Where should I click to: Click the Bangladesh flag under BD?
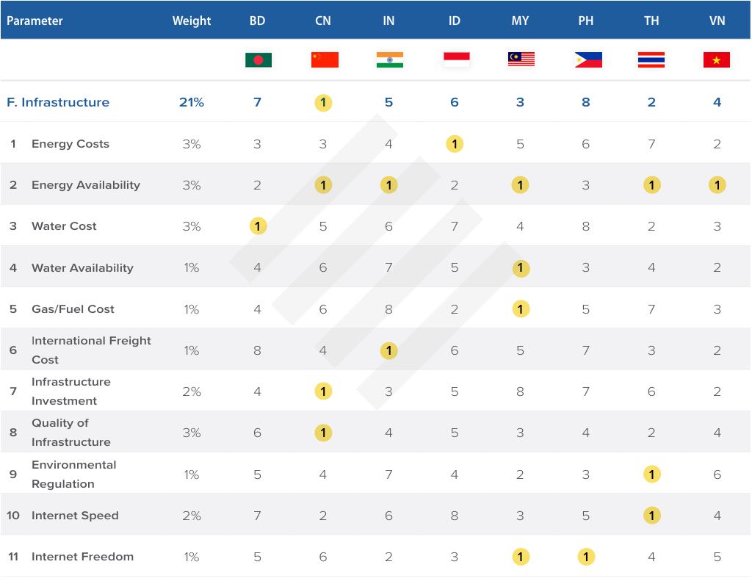[258, 59]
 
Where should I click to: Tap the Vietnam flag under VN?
[717, 59]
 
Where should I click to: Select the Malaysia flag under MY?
[521, 59]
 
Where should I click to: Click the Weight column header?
[192, 21]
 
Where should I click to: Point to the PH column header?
[586, 21]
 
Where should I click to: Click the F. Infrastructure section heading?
[58, 102]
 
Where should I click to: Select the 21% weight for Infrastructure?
[192, 102]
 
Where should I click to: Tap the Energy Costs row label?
[70, 144]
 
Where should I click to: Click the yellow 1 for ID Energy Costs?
[455, 144]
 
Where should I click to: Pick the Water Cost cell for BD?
[258, 226]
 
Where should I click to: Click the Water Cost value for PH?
[586, 226]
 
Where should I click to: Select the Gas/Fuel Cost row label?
[73, 309]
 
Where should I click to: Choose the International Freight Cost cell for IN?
[389, 350]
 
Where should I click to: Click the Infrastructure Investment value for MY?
[521, 391]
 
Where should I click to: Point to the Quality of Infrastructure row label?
[70, 433]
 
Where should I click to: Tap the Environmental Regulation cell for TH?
[651, 474]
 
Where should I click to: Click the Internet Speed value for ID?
[455, 516]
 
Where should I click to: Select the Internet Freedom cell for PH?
[586, 557]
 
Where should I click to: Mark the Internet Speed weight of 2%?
[192, 516]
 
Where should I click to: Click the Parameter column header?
[35, 21]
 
